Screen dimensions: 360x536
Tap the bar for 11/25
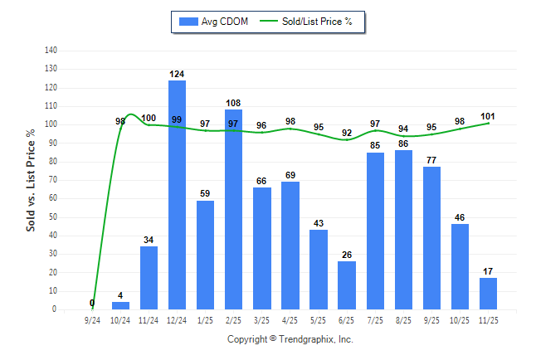[x=489, y=294]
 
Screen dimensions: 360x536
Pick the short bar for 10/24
[x=120, y=305]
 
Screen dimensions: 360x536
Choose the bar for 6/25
[x=347, y=285]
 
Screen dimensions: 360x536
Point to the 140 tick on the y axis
[x=51, y=51]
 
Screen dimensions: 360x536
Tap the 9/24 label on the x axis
[x=92, y=319]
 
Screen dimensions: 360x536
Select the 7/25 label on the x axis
[x=375, y=319]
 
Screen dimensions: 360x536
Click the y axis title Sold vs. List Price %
[x=31, y=179]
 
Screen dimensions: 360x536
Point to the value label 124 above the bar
[x=177, y=74]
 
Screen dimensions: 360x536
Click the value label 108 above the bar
[x=233, y=104]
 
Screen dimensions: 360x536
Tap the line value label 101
[x=488, y=115]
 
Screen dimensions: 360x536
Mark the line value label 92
[x=347, y=133]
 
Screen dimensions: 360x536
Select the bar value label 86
[x=403, y=144]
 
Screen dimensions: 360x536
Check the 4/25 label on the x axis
[x=290, y=319]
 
